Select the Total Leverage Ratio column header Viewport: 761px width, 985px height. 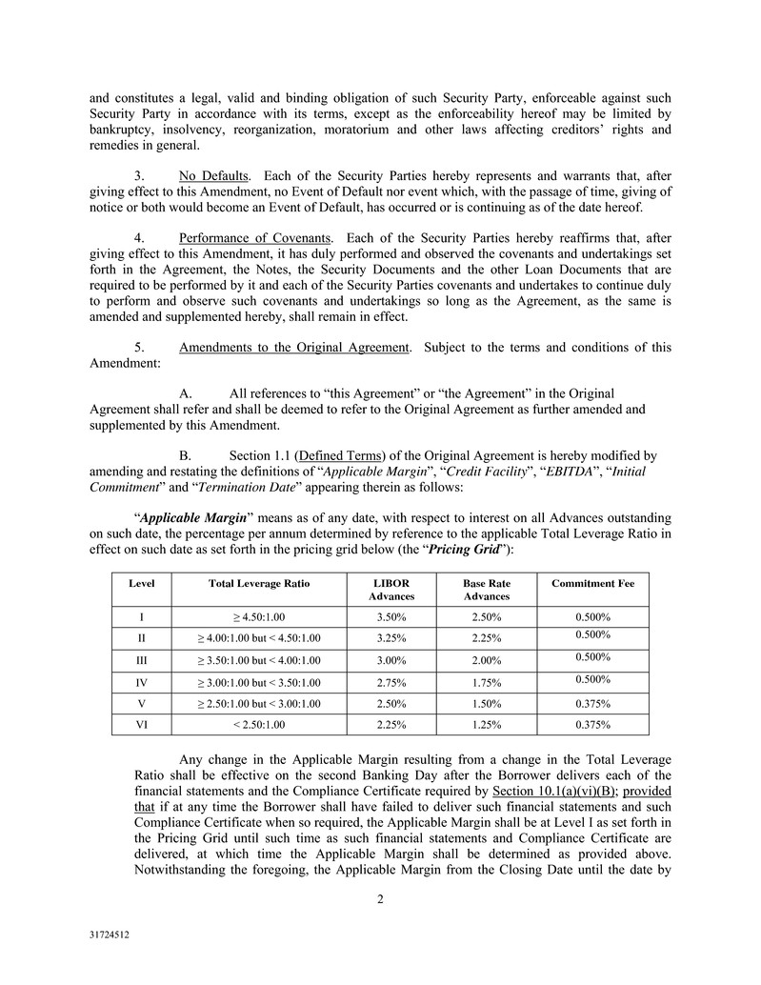259,582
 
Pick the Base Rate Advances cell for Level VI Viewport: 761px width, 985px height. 486,725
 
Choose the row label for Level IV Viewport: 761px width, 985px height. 142,682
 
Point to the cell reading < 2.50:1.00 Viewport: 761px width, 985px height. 259,725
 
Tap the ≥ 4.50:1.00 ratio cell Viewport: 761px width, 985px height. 259,617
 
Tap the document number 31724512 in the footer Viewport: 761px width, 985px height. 108,935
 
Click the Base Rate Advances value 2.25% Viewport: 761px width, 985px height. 486,638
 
